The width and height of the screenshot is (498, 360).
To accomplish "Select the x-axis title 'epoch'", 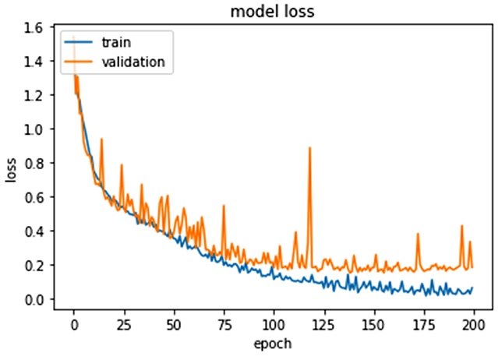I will (x=273, y=344).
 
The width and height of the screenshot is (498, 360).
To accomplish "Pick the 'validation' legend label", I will (x=133, y=62).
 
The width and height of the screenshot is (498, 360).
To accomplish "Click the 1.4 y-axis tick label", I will (x=34, y=61).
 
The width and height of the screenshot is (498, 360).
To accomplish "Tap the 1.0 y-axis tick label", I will (x=34, y=129).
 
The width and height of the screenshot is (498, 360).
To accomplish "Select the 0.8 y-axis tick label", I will (x=34, y=163).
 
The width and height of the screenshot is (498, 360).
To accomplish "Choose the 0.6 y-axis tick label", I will (x=34, y=197).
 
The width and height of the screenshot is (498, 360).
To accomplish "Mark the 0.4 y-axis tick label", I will (x=34, y=231).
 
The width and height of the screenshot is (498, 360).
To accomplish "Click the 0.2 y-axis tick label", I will (x=34, y=266).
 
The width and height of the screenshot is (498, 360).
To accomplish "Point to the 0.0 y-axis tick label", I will (x=34, y=300).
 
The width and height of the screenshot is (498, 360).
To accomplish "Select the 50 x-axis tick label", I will (x=174, y=323).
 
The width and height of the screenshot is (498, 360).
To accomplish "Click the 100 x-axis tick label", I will (x=274, y=323).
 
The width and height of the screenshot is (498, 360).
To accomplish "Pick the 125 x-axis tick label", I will (x=323, y=323).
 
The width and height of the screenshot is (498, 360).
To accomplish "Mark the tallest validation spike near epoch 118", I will (x=309, y=148).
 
